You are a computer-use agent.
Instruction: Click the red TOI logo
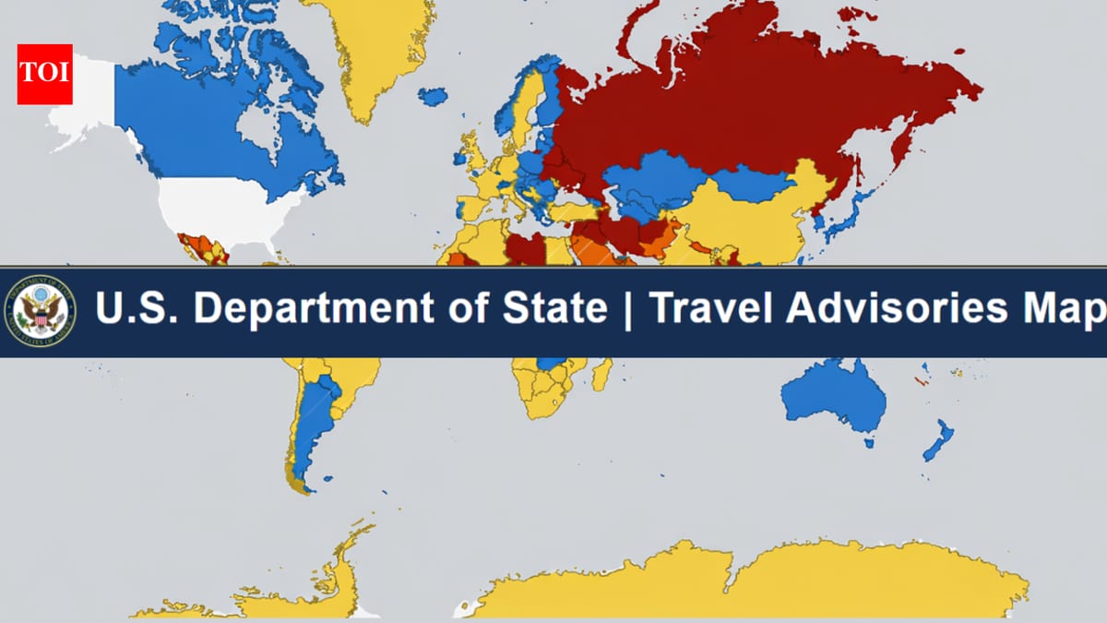[44, 73]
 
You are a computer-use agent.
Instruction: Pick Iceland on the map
[432, 95]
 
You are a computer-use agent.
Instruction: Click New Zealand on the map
[939, 437]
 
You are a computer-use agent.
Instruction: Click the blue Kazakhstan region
[655, 181]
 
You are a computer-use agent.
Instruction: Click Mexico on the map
[203, 249]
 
